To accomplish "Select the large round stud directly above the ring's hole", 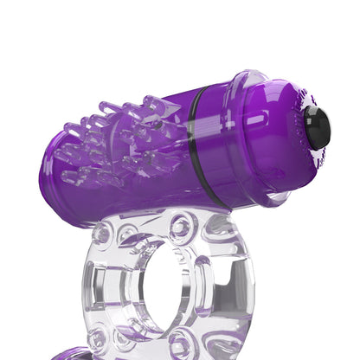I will pyautogui.click(x=182, y=228).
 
